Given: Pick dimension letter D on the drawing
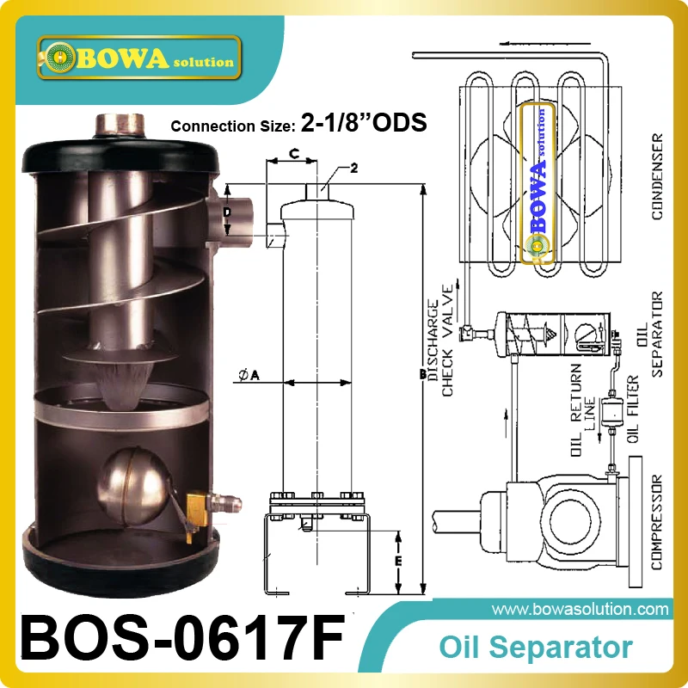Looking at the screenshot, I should pos(227,212).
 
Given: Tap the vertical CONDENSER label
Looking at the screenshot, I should pos(659,176).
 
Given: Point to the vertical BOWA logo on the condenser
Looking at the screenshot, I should pos(538,181).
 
